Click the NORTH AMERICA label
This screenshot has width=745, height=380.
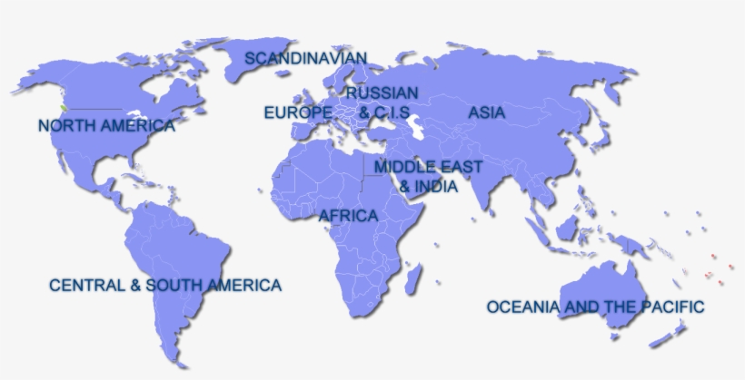click(x=106, y=125)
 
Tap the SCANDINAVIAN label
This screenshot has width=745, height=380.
click(x=305, y=58)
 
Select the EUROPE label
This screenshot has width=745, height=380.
click(x=297, y=112)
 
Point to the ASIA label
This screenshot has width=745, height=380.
click(x=487, y=113)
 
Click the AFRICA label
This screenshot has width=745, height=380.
click(x=348, y=216)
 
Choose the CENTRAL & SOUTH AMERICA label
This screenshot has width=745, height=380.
click(x=165, y=285)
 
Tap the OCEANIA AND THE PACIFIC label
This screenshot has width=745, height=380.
click(x=595, y=307)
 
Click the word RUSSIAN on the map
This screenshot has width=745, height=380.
click(x=382, y=93)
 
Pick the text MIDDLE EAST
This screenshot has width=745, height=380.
click(x=428, y=168)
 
